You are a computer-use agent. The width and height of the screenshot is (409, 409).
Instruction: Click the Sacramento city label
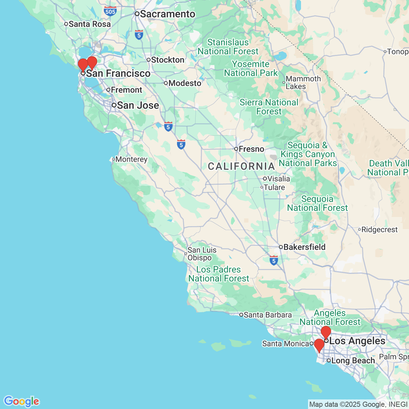[x=167, y=14]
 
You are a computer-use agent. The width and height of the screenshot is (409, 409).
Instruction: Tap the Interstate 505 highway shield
[x=110, y=12]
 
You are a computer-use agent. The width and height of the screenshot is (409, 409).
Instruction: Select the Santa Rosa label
[x=89, y=24]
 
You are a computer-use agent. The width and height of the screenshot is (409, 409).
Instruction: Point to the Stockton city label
[x=167, y=60]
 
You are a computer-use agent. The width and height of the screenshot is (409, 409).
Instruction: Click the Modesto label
[x=185, y=83]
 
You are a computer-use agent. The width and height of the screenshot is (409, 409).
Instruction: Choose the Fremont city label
[x=126, y=90]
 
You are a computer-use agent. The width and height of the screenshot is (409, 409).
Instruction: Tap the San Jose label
[x=138, y=105]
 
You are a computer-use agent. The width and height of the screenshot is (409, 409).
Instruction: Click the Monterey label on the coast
[x=131, y=159]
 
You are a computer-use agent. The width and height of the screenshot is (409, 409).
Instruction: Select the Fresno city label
[x=251, y=149]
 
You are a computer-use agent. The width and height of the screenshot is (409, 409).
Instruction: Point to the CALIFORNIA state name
[x=241, y=166]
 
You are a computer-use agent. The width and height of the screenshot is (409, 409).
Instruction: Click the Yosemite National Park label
[x=251, y=68]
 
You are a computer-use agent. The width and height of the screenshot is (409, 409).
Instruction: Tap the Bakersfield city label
[x=304, y=247]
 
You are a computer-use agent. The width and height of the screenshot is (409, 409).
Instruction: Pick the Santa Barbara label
[x=267, y=315]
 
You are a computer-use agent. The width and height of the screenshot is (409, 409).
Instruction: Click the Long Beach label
[x=353, y=360]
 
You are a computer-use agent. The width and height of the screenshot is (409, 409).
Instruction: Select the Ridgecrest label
[x=379, y=229]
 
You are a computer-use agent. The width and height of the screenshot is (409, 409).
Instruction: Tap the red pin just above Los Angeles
[x=326, y=332]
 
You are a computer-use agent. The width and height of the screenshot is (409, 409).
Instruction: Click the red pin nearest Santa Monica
[x=319, y=345]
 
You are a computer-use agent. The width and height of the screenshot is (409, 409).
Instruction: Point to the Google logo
[x=21, y=401]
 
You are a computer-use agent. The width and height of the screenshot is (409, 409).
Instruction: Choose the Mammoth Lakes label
[x=303, y=82]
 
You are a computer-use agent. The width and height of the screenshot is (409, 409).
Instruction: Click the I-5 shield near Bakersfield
[x=274, y=260]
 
